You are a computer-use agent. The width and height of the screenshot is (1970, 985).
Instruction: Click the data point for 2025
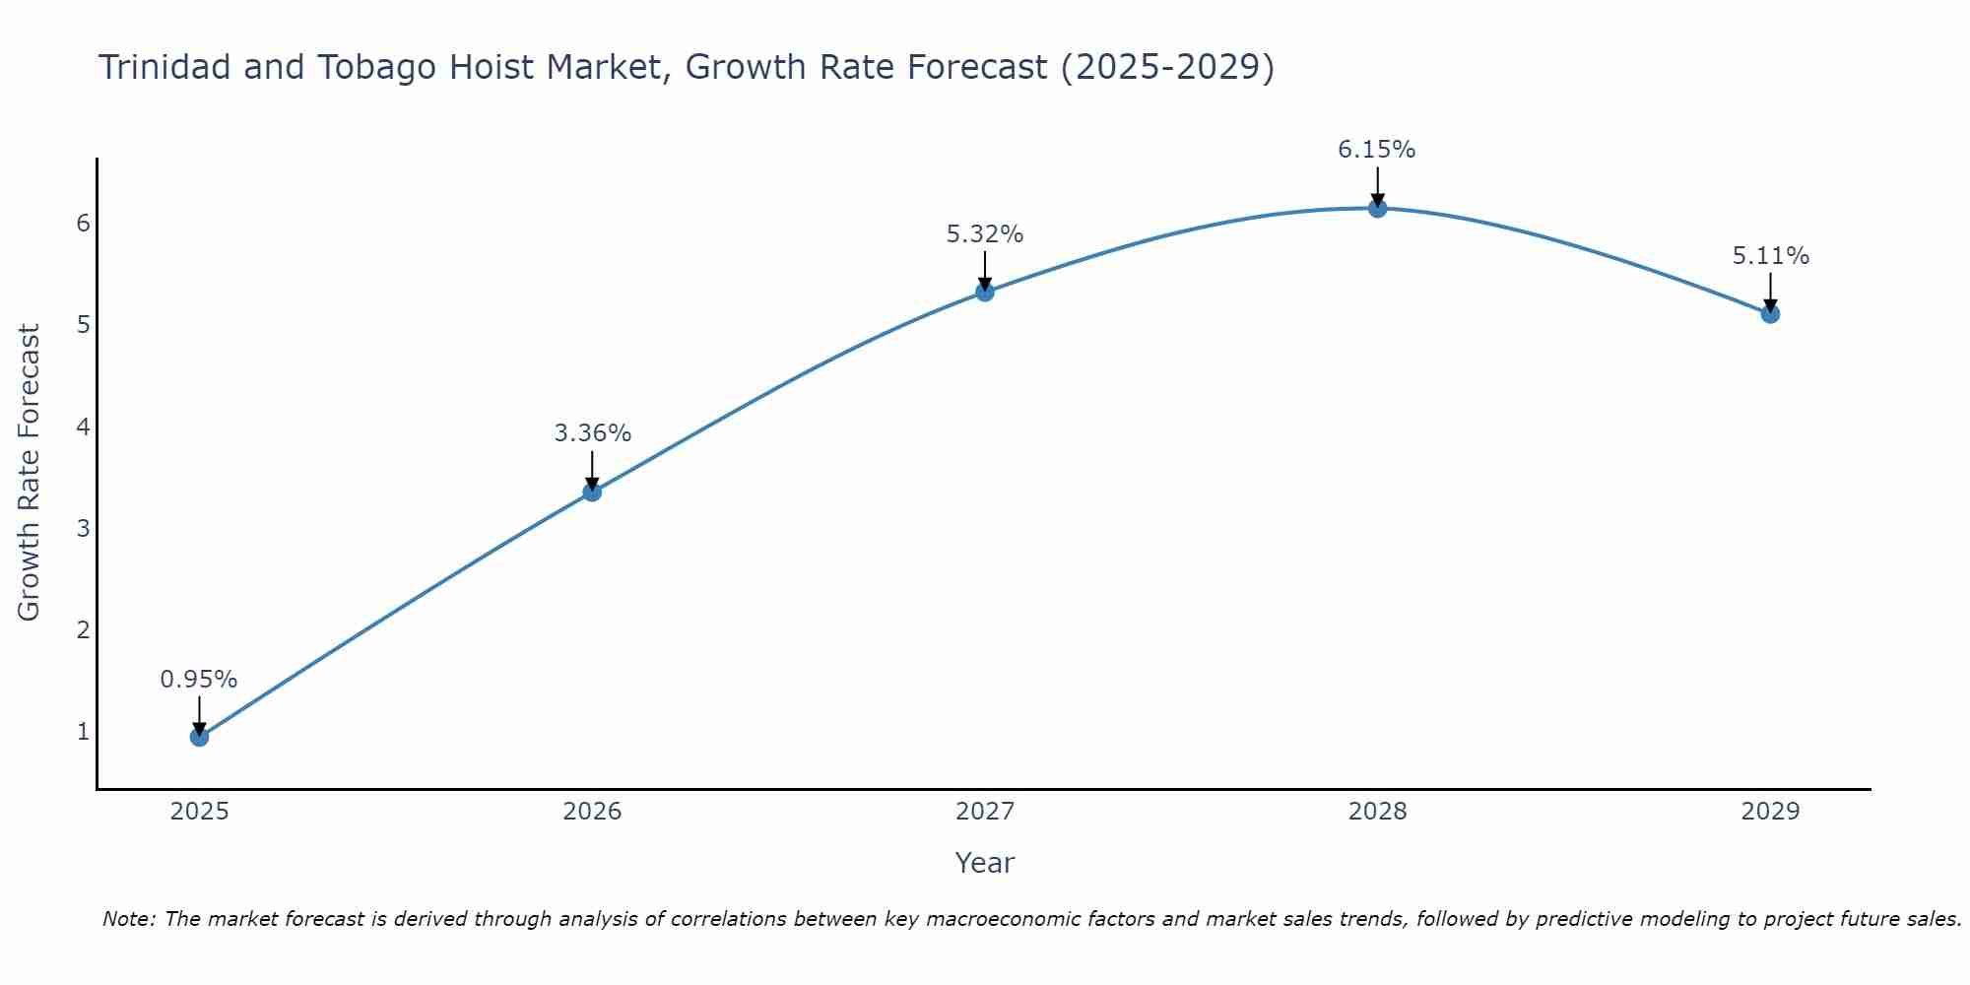click(199, 737)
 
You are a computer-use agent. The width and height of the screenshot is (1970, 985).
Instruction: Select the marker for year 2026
click(592, 492)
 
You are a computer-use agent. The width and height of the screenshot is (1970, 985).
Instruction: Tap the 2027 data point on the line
click(985, 292)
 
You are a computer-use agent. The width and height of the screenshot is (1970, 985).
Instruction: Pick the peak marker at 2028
click(1377, 208)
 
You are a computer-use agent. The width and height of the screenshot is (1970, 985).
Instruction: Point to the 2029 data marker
click(1770, 314)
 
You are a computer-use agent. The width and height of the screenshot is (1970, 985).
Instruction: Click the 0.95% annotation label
click(199, 680)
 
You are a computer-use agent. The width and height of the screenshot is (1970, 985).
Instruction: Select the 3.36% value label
click(592, 433)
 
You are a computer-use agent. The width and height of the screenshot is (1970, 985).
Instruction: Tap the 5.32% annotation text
click(985, 234)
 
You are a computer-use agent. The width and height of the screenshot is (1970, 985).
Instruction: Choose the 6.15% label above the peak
click(1377, 150)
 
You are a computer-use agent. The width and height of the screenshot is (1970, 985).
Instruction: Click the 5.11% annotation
click(1770, 256)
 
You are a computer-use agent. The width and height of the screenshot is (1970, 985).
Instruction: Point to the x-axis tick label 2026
click(592, 812)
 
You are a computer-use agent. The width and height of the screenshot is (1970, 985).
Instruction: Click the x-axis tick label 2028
click(1377, 812)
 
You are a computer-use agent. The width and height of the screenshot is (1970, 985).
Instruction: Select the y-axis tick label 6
click(84, 224)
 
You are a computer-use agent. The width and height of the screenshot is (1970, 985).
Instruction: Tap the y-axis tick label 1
click(84, 732)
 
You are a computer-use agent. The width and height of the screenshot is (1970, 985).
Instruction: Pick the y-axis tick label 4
click(84, 427)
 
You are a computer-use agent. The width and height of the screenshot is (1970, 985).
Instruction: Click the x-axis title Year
click(984, 863)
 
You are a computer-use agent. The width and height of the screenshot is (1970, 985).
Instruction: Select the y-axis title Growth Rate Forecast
click(30, 473)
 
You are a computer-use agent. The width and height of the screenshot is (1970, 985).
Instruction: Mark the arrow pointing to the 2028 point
click(1377, 185)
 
